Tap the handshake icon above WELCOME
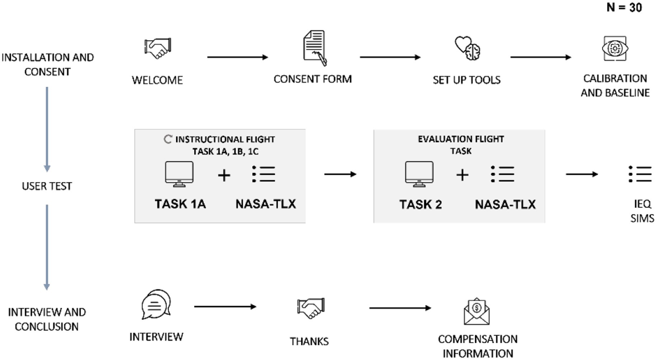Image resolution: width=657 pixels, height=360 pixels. pyautogui.click(x=158, y=48)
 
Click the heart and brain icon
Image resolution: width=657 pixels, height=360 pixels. pyautogui.click(x=467, y=48)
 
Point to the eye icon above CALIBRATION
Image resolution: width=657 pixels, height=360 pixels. pyautogui.click(x=615, y=48)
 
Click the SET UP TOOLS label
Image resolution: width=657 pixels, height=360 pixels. pyautogui.click(x=466, y=80)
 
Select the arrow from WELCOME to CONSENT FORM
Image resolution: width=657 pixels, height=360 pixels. pyautogui.click(x=237, y=57)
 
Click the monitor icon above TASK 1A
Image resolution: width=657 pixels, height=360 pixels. pyautogui.click(x=179, y=174)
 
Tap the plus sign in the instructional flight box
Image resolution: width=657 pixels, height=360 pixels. pyautogui.click(x=224, y=176)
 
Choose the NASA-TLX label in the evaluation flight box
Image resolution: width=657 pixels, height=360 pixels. pyautogui.click(x=505, y=205)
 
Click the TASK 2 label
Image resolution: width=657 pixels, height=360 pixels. pyautogui.click(x=420, y=205)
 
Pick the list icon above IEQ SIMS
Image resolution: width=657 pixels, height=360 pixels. pyautogui.click(x=640, y=174)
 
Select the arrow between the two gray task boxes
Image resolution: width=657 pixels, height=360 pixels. pyautogui.click(x=340, y=174)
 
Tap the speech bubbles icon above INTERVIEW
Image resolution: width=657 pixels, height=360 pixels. pyautogui.click(x=156, y=304)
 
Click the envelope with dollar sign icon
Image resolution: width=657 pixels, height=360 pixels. pyautogui.click(x=477, y=312)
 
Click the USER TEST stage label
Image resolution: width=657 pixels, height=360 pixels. pyautogui.click(x=47, y=186)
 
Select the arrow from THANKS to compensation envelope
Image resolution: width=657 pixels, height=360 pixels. pyautogui.click(x=400, y=308)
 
